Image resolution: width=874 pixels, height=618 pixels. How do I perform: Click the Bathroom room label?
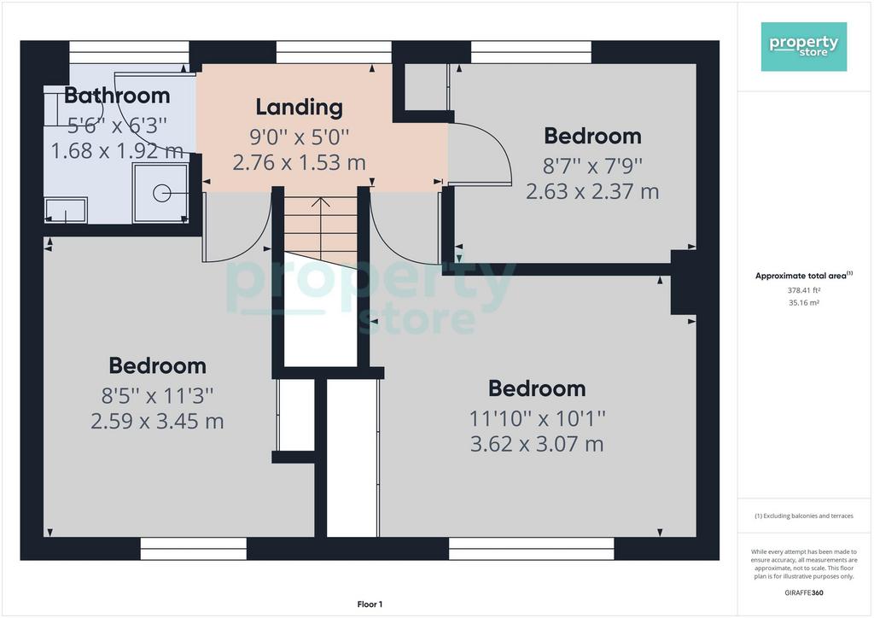pyautogui.click(x=117, y=96)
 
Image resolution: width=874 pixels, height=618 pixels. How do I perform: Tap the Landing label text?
pyautogui.click(x=300, y=108)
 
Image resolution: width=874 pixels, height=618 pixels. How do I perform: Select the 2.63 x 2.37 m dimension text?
pyautogui.click(x=592, y=192)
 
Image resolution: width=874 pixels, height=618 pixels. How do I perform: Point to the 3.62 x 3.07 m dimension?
pyautogui.click(x=537, y=444)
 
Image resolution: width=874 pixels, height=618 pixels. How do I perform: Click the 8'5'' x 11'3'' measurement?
pyautogui.click(x=157, y=396)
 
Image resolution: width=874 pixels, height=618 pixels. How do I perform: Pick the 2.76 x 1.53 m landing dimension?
pyautogui.click(x=300, y=163)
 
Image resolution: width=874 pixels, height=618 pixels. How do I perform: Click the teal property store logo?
pyautogui.click(x=804, y=47)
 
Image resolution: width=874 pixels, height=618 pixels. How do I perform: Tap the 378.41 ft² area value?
pyautogui.click(x=804, y=290)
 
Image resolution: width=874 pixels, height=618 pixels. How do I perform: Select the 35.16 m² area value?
pyautogui.click(x=804, y=303)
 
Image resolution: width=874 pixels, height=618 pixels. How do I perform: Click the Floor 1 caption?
pyautogui.click(x=370, y=604)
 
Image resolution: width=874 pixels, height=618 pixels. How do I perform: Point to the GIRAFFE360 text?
pyautogui.click(x=804, y=593)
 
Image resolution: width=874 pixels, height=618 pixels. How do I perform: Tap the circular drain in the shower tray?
pyautogui.click(x=161, y=194)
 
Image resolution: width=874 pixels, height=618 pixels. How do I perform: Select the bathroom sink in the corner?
pyautogui.click(x=66, y=210)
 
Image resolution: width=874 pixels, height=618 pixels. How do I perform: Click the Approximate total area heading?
pyautogui.click(x=804, y=276)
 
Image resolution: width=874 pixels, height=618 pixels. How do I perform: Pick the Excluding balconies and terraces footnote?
pyautogui.click(x=804, y=516)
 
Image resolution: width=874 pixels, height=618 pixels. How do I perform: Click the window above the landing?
pyautogui.click(x=334, y=52)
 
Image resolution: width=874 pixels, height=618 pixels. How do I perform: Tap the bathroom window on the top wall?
pyautogui.click(x=130, y=52)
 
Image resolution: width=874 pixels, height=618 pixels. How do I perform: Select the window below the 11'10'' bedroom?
pyautogui.click(x=531, y=548)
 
